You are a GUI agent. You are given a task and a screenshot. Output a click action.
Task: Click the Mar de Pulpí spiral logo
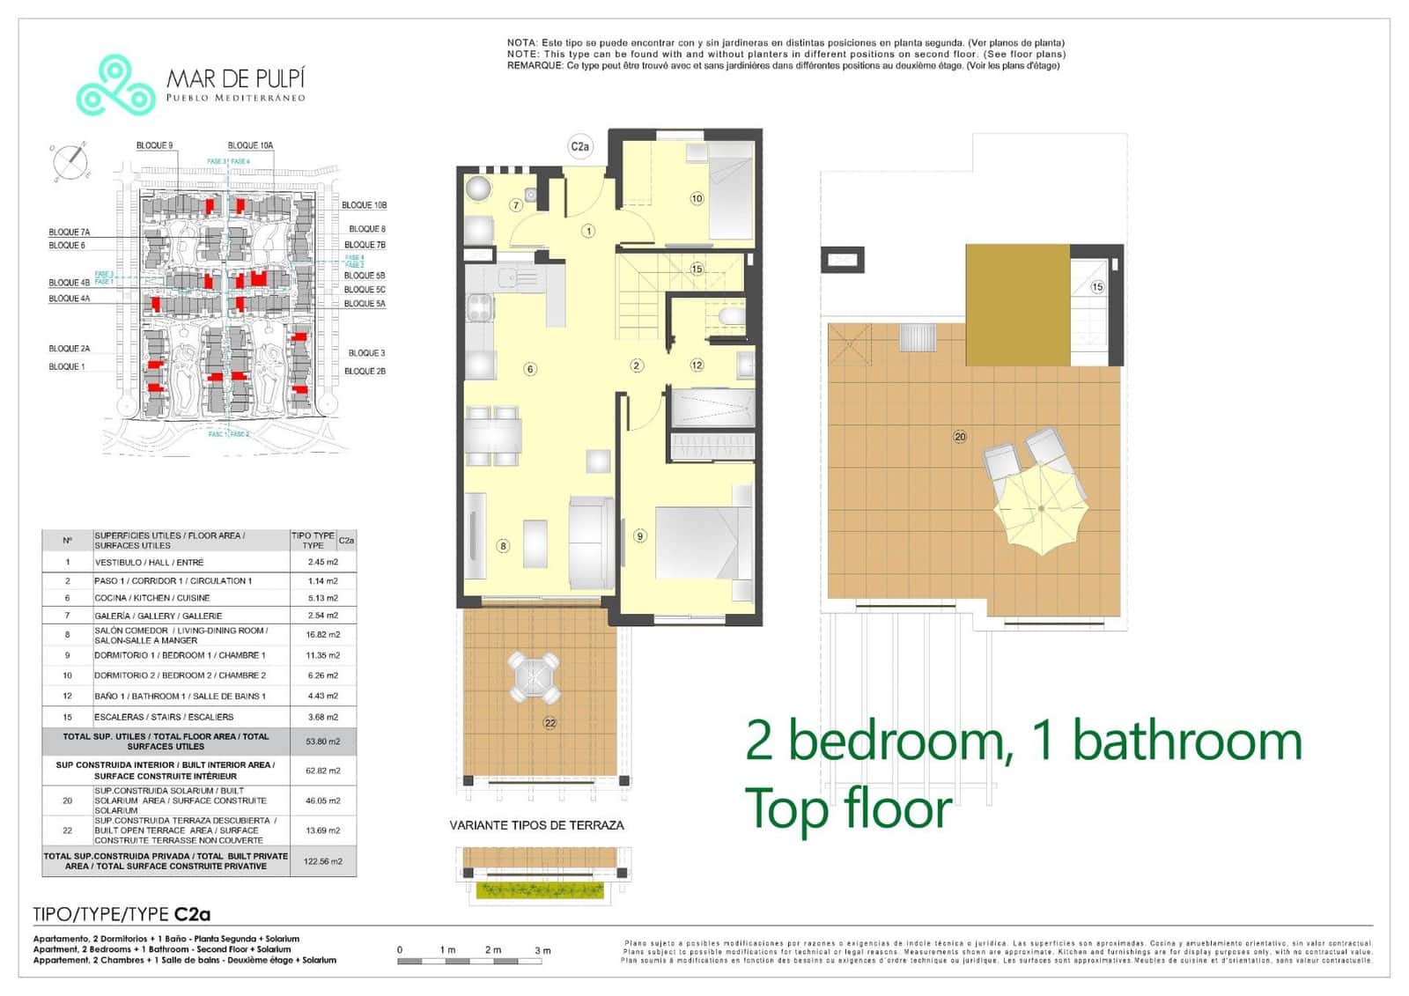point(115,85)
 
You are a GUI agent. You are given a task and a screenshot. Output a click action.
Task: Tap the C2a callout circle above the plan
point(579,147)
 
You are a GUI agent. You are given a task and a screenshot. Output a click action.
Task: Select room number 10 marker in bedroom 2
point(697,198)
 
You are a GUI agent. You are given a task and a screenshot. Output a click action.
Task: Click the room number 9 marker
point(640,535)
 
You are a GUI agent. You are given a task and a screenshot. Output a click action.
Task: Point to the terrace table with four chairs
point(534,676)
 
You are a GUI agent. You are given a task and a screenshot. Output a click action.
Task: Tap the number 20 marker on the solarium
point(960,437)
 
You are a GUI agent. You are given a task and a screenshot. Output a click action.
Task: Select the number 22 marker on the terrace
point(550,723)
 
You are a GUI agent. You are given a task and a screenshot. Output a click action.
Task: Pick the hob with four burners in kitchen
point(480,308)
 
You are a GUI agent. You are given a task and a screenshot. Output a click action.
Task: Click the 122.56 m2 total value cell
point(322,861)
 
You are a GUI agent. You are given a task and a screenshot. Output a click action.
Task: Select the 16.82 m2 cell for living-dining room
point(322,634)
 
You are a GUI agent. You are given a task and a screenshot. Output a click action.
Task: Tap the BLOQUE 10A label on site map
point(250,145)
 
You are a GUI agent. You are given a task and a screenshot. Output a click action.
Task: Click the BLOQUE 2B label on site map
point(365,371)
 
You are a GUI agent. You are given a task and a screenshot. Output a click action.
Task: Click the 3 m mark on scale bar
point(542,950)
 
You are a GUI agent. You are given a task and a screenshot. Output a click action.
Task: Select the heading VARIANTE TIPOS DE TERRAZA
point(536,825)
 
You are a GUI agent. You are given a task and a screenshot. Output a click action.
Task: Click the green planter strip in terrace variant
point(540,889)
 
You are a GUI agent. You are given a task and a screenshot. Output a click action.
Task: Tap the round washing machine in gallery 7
point(479,188)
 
